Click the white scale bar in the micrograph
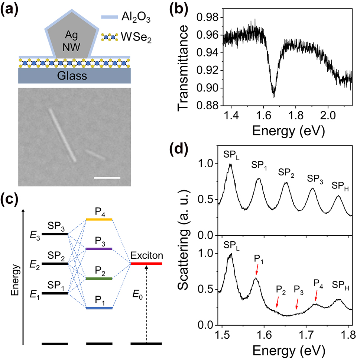[107, 178]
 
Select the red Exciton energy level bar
[146, 264]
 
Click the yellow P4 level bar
[99, 219]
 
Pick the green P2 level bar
[99, 278]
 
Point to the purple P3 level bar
[99, 249]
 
